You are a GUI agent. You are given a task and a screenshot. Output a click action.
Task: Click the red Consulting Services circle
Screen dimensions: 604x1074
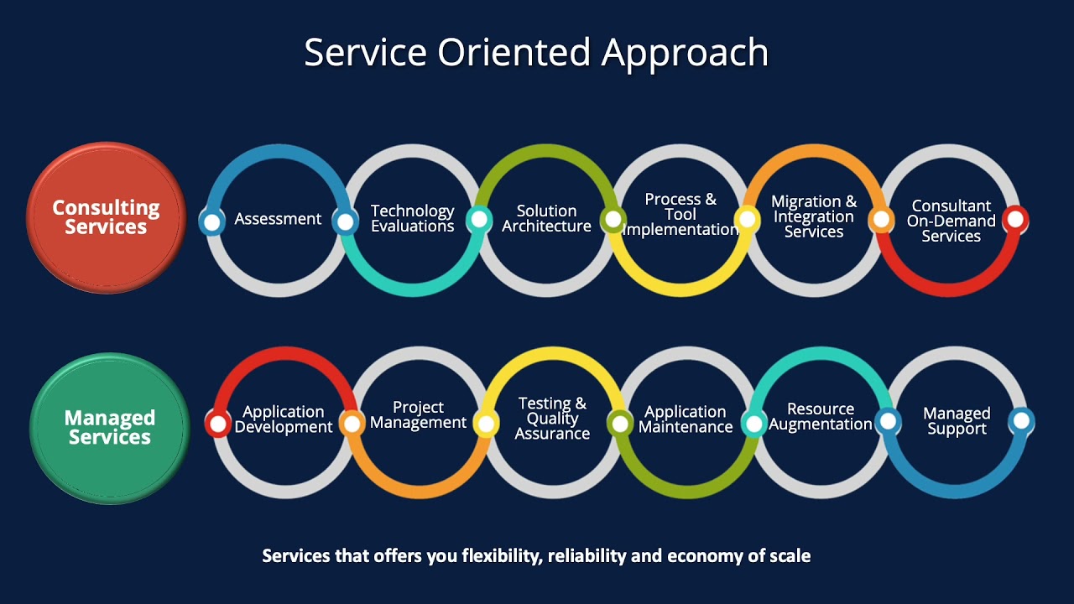(x=106, y=217)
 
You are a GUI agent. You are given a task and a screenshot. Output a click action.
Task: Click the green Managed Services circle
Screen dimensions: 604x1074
(x=109, y=428)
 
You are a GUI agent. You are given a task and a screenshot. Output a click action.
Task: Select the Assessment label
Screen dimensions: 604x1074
(x=278, y=219)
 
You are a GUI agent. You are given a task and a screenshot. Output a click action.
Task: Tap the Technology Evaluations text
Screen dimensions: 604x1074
(x=412, y=218)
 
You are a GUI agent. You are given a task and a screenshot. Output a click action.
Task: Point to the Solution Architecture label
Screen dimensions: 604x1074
(x=546, y=218)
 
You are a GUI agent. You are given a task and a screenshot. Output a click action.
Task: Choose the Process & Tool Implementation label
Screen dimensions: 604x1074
(x=680, y=215)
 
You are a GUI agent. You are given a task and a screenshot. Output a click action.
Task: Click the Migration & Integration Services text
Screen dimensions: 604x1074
(x=814, y=216)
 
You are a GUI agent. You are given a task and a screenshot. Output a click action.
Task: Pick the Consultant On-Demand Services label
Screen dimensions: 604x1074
(x=951, y=221)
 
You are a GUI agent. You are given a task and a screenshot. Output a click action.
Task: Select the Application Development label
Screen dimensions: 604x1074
(x=284, y=419)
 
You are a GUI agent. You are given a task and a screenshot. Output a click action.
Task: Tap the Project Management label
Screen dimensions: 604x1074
(x=418, y=415)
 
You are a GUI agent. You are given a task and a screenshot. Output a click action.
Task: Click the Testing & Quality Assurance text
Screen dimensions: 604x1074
(x=552, y=419)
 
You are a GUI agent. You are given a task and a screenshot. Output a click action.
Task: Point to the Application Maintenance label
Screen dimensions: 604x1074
(x=686, y=419)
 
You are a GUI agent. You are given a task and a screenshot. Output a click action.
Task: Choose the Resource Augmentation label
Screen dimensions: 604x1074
(x=821, y=417)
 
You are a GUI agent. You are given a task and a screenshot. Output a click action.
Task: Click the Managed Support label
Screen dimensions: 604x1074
(x=957, y=421)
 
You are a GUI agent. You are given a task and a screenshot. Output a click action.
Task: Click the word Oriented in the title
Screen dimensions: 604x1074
(x=514, y=52)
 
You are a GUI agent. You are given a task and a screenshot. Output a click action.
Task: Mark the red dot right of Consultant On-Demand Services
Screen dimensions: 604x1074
(x=1014, y=220)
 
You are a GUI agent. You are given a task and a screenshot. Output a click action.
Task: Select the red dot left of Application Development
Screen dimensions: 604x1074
(x=218, y=424)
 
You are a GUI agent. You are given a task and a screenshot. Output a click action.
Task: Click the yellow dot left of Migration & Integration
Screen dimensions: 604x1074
(x=746, y=220)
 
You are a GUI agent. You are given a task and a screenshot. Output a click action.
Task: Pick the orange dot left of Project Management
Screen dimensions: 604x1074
(x=352, y=423)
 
